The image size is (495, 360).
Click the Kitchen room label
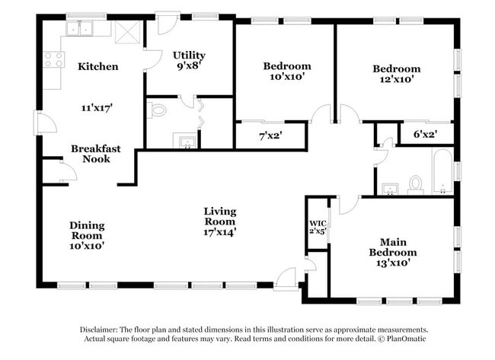pyautogui.click(x=98, y=66)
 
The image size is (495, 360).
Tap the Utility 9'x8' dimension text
pyautogui.click(x=189, y=66)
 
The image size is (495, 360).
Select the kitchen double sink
pyautogui.click(x=79, y=28)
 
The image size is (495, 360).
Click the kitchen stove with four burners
pyautogui.click(x=53, y=59)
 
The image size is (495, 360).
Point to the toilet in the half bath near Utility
pyautogui.click(x=157, y=111)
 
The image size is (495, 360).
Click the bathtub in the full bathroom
pyautogui.click(x=442, y=170)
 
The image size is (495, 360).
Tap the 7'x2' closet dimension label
pyautogui.click(x=270, y=136)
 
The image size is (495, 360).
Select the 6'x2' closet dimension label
pyautogui.click(x=425, y=135)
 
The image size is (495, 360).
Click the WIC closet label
pyautogui.click(x=318, y=224)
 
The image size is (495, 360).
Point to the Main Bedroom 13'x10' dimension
pyautogui.click(x=393, y=263)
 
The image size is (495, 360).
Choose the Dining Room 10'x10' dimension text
pyautogui.click(x=87, y=246)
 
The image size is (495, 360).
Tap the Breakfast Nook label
pyautogui.click(x=96, y=154)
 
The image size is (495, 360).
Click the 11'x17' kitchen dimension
pyautogui.click(x=97, y=108)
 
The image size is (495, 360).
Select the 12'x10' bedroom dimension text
pyautogui.click(x=397, y=79)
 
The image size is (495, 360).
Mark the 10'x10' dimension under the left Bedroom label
pyautogui.click(x=287, y=76)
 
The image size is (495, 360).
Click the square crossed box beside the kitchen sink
pyautogui.click(x=127, y=33)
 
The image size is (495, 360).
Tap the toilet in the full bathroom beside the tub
pyautogui.click(x=416, y=185)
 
